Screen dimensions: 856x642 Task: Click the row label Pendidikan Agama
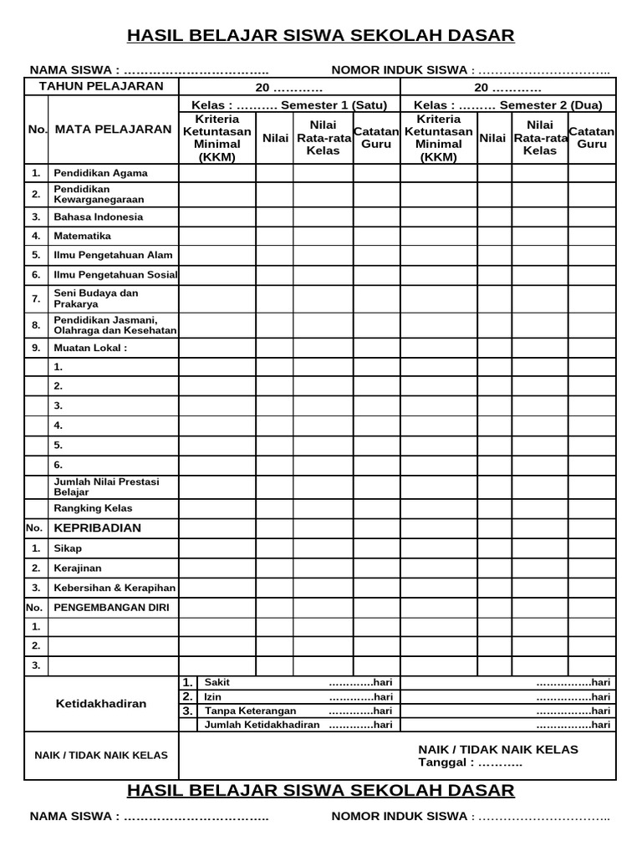tap(100, 173)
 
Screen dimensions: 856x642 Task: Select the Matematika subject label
tap(82, 237)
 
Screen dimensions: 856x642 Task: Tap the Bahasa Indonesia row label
tap(98, 217)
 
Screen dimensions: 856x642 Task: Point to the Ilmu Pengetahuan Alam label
tap(112, 255)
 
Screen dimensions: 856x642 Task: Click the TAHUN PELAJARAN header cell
tap(101, 87)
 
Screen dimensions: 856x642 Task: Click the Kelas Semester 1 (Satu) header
tap(289, 105)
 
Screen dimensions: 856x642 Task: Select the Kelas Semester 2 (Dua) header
tap(508, 105)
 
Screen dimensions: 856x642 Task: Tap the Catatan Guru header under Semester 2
tap(592, 138)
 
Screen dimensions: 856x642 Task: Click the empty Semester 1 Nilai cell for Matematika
tap(274, 237)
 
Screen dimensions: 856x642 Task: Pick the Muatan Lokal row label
tap(90, 348)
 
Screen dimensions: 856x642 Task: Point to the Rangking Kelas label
tap(93, 508)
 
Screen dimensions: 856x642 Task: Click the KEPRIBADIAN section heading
tap(97, 528)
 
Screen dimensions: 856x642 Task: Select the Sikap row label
tap(68, 548)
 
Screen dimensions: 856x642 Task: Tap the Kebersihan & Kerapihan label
tap(115, 588)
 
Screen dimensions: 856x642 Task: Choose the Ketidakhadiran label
tap(100, 704)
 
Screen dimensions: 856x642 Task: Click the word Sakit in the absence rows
tap(217, 682)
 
